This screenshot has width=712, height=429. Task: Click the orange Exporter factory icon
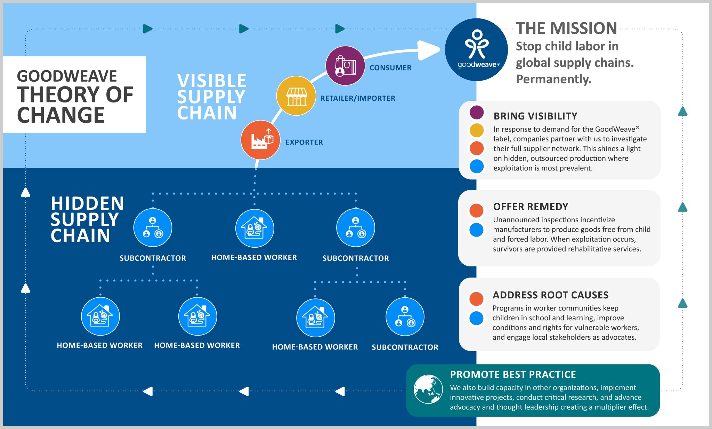click(260, 140)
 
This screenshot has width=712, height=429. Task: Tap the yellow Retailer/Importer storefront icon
click(296, 96)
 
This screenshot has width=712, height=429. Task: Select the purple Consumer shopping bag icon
click(345, 66)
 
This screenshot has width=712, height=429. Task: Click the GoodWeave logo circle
click(476, 50)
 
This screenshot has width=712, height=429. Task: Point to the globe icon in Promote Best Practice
click(428, 389)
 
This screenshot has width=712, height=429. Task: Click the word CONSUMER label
click(390, 68)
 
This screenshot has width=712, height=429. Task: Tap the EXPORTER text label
click(304, 142)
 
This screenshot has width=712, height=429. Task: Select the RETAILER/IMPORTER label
click(358, 98)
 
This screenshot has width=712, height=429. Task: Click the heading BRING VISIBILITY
click(535, 116)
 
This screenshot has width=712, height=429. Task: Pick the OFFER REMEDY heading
click(531, 207)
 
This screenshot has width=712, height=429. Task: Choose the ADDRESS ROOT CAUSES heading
click(551, 295)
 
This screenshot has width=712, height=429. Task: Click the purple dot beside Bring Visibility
click(477, 112)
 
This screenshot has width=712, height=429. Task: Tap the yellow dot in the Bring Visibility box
click(477, 130)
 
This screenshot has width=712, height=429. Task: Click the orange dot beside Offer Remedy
click(476, 211)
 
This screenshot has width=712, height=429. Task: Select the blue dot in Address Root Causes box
click(476, 318)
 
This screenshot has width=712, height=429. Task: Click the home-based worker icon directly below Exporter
click(255, 228)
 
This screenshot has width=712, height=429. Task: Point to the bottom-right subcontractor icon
click(405, 317)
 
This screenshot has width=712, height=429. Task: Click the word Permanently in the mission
click(553, 79)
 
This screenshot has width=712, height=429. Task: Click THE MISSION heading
click(566, 28)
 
